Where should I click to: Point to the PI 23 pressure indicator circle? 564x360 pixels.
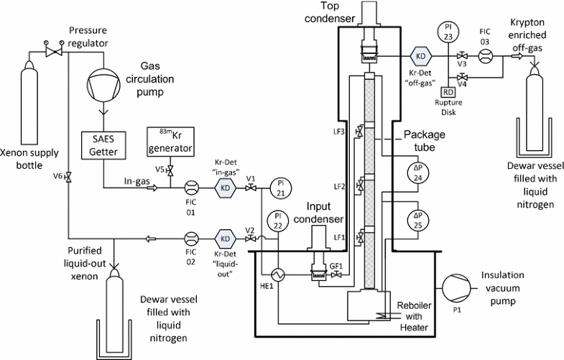pos(448,32)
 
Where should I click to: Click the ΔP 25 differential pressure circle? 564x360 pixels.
pos(418,221)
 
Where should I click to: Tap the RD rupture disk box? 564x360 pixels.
pos(448,92)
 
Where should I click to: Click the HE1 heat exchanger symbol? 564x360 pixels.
pos(274,275)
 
